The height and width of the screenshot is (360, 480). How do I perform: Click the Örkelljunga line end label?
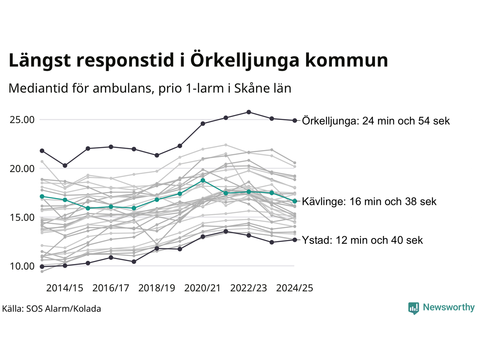click(x=376, y=121)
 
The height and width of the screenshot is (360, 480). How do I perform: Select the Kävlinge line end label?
click(x=369, y=201)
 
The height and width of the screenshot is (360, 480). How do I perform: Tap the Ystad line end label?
click(x=362, y=240)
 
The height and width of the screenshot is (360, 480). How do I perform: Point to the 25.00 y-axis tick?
click(x=22, y=120)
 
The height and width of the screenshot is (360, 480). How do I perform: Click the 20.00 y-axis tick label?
click(x=22, y=169)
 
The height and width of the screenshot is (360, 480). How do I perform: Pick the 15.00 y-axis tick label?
click(x=22, y=217)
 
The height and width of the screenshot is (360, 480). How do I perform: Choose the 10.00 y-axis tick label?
click(x=22, y=266)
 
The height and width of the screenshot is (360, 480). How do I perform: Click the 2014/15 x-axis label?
click(x=64, y=288)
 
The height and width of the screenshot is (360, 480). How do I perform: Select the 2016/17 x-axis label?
click(x=111, y=288)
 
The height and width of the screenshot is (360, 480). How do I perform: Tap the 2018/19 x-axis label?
click(x=157, y=288)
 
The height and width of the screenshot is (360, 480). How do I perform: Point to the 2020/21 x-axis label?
click(x=203, y=288)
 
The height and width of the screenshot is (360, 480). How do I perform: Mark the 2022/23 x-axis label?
click(x=249, y=288)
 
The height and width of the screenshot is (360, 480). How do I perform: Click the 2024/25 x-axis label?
click(x=295, y=288)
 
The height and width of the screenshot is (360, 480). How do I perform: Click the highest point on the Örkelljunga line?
click(x=249, y=112)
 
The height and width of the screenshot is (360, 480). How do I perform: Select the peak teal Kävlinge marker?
click(x=203, y=180)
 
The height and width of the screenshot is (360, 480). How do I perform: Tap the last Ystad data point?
click(x=295, y=240)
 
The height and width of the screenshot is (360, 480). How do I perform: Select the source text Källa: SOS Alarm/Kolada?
click(x=51, y=309)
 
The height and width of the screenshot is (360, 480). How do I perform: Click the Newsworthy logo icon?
click(x=413, y=308)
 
